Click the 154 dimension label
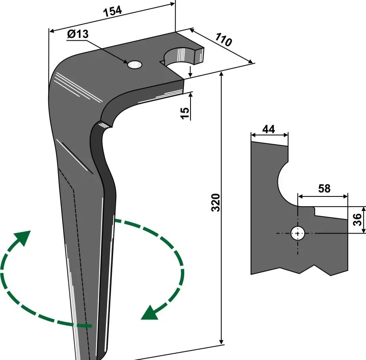tap(112, 12)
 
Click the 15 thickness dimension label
tap(185, 113)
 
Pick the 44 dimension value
tap(269, 129)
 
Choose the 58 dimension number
tap(324, 189)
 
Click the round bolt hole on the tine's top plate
tap(135, 65)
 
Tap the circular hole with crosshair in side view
tap(297, 234)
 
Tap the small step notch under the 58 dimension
tap(315, 211)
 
